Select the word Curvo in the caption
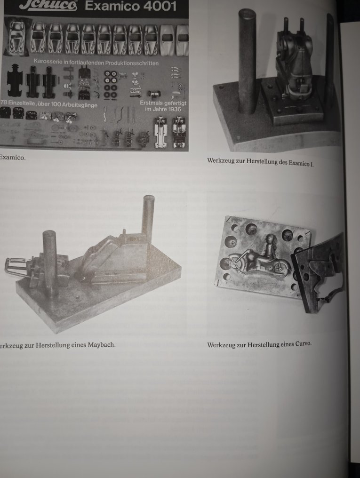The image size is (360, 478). point(303,344)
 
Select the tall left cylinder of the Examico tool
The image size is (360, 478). point(247,61)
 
